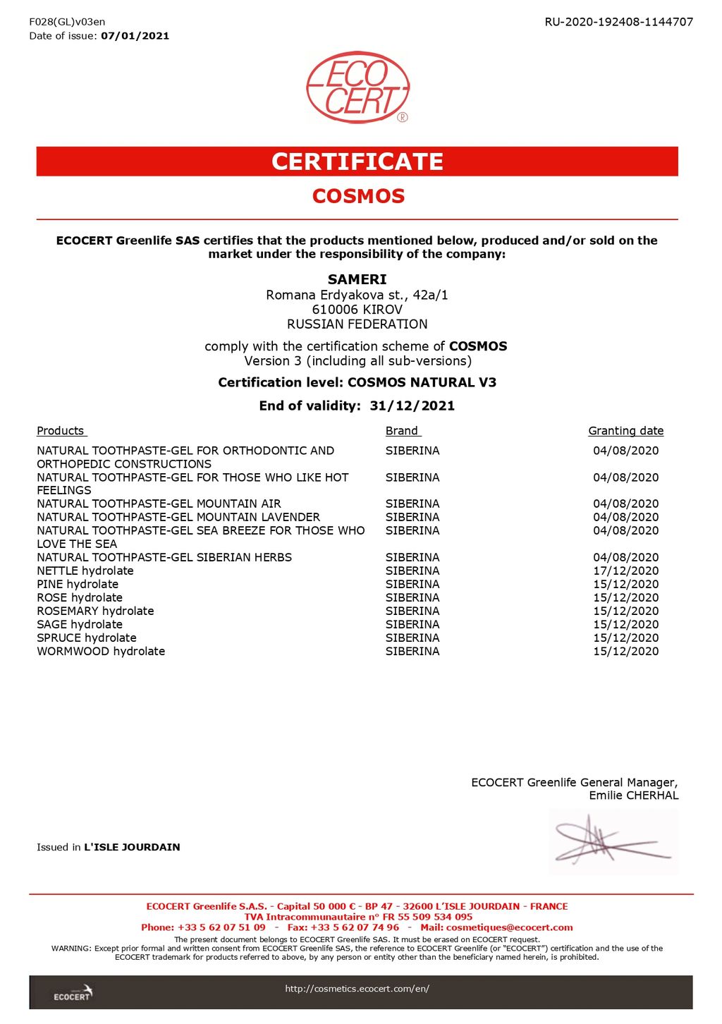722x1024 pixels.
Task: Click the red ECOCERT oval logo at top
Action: [357, 87]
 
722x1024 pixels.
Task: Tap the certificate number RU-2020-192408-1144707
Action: [618, 22]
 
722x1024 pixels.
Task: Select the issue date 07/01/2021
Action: [135, 36]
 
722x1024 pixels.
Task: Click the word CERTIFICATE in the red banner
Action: [357, 161]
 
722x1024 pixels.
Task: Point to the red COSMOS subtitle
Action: [358, 196]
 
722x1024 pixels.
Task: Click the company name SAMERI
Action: [357, 279]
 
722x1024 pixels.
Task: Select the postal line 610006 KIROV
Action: [357, 310]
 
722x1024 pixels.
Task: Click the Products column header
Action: [61, 431]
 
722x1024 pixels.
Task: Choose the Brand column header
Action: [402, 431]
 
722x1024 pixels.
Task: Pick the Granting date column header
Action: [625, 431]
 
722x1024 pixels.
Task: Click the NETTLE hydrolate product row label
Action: [85, 571]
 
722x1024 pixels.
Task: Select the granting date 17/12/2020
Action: [625, 571]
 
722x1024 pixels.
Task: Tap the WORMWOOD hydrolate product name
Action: [101, 651]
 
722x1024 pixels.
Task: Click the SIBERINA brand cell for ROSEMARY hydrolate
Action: [412, 611]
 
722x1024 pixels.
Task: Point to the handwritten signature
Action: [611, 841]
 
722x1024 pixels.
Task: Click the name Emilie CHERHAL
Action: [633, 796]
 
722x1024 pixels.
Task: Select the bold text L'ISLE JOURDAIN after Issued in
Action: [132, 847]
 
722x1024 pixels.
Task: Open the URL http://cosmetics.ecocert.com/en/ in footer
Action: [357, 989]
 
